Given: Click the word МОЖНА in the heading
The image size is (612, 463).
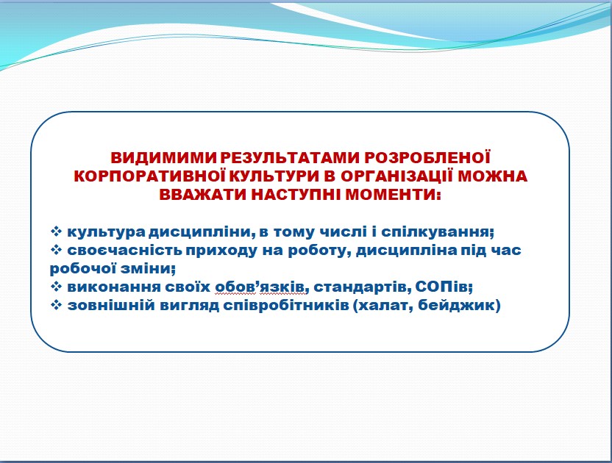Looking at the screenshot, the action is point(492,176).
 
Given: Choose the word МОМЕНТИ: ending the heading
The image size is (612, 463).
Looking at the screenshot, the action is point(394,194).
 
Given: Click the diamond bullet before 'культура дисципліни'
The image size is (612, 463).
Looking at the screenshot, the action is point(56,232).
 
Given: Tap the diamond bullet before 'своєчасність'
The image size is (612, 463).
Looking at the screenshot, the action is point(56,250).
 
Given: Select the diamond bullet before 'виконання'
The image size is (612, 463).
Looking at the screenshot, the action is point(56,287).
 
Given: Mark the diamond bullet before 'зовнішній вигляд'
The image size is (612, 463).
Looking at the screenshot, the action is point(56,305).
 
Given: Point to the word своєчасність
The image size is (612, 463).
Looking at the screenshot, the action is point(125,250).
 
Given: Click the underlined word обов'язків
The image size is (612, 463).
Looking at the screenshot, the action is point(260,287).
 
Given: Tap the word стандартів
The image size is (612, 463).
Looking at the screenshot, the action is point(361,287).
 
